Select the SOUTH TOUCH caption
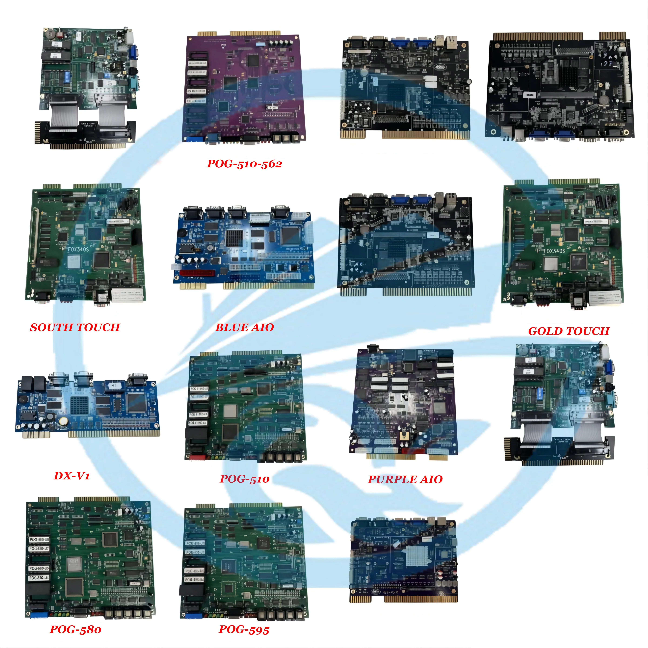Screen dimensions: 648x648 75,327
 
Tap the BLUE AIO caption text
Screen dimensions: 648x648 244,327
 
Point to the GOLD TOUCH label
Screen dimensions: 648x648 569,331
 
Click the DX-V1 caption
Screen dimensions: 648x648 72,476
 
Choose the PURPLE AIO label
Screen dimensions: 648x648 405,479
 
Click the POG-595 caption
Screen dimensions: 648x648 244,630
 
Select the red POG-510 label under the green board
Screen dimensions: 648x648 244,479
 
